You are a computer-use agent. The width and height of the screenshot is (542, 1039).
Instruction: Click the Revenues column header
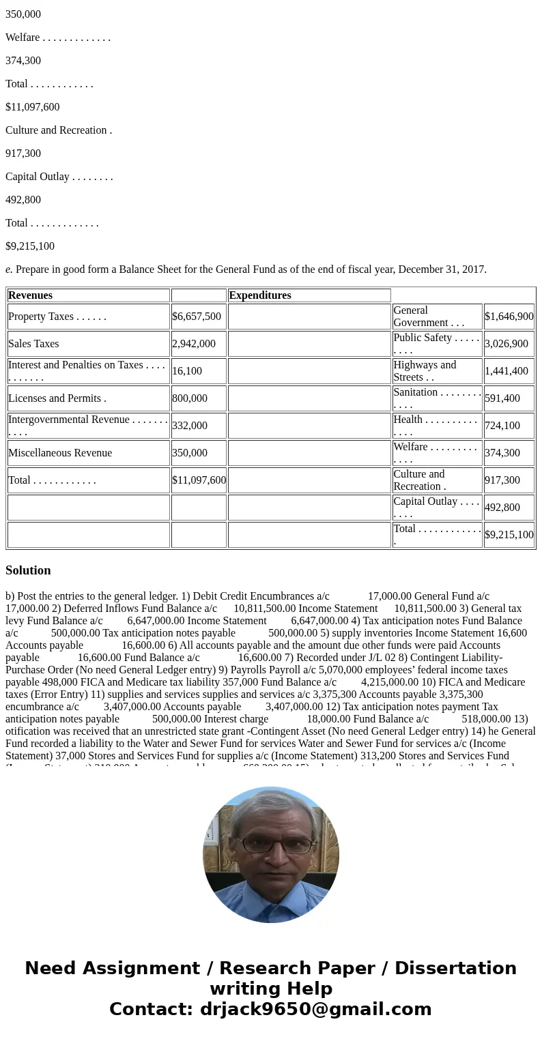pos(31,295)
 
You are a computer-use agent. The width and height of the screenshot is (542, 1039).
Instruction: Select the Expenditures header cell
pos(260,295)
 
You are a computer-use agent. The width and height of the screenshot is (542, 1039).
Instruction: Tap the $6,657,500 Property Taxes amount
pos(197,317)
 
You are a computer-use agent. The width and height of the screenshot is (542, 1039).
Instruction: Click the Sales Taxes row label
pos(33,344)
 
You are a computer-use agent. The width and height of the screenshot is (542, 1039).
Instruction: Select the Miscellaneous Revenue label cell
pos(60,453)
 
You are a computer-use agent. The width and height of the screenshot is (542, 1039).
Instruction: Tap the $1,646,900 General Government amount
pos(509,317)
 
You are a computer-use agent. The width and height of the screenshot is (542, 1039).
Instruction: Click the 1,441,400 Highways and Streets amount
pos(507,371)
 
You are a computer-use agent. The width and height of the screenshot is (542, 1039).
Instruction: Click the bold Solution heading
pos(28,570)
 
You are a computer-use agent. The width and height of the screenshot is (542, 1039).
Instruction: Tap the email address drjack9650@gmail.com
pos(315,1010)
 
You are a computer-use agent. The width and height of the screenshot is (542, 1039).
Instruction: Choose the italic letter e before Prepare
pos(8,269)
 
